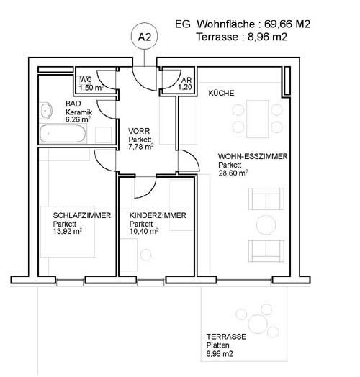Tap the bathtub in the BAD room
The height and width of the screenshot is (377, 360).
click(63, 133)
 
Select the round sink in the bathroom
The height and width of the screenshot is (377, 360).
click(46, 111)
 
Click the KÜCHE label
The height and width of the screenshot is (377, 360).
click(221, 93)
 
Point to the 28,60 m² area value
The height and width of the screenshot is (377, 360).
click(233, 173)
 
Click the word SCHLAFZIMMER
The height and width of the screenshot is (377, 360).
click(82, 215)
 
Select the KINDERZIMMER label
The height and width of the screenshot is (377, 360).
click(158, 215)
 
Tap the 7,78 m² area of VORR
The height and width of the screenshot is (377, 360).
click(141, 147)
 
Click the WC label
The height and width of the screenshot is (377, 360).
click(86, 80)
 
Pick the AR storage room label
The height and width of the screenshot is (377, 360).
click(186, 80)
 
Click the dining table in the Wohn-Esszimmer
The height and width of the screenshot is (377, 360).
click(257, 119)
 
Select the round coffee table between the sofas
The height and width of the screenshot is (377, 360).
click(266, 225)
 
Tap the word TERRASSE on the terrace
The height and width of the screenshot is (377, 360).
click(226, 337)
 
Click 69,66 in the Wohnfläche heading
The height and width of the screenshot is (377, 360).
click(278, 24)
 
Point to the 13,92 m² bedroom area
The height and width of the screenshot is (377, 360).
click(68, 231)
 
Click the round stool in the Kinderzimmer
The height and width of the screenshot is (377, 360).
click(146, 255)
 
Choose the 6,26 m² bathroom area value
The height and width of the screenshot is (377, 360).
click(78, 119)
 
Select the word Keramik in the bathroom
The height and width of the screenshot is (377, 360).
click(78, 112)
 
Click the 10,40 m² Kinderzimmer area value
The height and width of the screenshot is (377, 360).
click(144, 231)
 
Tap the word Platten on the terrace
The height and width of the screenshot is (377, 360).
click(217, 345)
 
